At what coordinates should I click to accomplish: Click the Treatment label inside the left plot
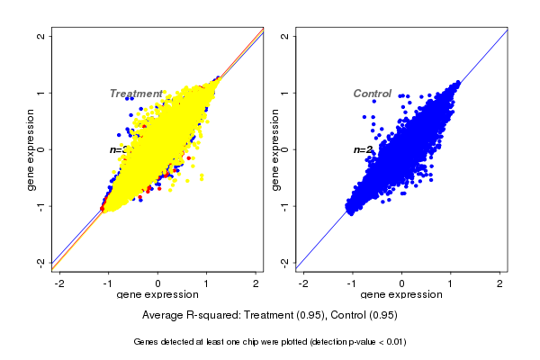pyautogui.click(x=136, y=94)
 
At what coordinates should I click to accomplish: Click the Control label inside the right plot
pyautogui.click(x=372, y=94)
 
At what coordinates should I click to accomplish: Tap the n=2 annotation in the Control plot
pyautogui.click(x=362, y=149)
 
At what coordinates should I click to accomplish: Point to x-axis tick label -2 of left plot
pyautogui.click(x=59, y=283)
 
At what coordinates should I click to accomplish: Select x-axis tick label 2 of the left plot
pyautogui.click(x=256, y=283)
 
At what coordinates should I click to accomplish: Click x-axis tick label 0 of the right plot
pyautogui.click(x=402, y=283)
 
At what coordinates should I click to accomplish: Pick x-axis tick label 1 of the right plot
pyautogui.click(x=451, y=283)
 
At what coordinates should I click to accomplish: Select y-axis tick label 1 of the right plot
pyautogui.click(x=285, y=93)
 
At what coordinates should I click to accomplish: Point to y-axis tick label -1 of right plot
pyautogui.click(x=285, y=206)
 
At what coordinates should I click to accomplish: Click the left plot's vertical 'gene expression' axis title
pyautogui.click(x=31, y=149)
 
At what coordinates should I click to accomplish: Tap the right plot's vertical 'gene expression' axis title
pyautogui.click(x=274, y=149)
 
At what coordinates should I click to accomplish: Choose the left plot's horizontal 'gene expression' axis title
pyautogui.click(x=158, y=295)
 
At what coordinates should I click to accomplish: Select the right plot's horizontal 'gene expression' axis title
pyautogui.click(x=402, y=295)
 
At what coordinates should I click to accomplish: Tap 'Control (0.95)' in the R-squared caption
pyautogui.click(x=364, y=316)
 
